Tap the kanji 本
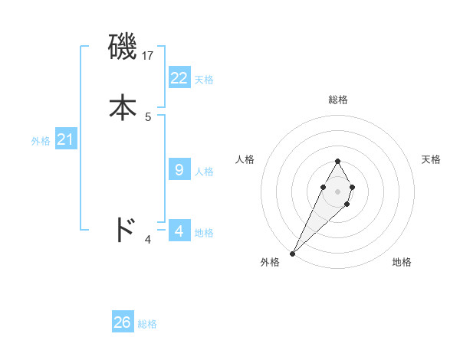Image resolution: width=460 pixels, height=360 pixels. (x=123, y=107)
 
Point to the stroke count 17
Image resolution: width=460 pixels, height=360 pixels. (x=149, y=56)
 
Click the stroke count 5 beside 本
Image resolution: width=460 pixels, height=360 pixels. (x=148, y=117)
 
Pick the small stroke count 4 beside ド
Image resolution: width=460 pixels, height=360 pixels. (x=148, y=240)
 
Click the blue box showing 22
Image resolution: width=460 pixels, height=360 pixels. (x=179, y=77)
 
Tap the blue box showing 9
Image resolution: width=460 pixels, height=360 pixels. (x=179, y=169)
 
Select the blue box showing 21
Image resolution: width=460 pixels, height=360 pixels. (x=66, y=139)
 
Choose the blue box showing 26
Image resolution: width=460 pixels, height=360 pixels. (x=123, y=322)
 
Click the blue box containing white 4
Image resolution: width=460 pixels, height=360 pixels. (x=179, y=231)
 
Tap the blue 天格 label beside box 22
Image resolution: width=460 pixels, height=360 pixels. (x=204, y=80)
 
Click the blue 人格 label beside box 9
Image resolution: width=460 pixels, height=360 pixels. (x=204, y=172)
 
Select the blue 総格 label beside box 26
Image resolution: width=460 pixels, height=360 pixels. (x=147, y=325)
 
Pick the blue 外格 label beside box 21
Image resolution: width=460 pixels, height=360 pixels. (x=41, y=142)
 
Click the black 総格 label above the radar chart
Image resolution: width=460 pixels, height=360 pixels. (x=337, y=100)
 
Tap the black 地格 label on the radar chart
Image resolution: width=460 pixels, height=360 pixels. (x=402, y=262)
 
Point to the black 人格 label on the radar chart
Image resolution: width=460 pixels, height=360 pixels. (x=245, y=159)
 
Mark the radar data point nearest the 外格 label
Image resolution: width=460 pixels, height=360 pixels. (x=293, y=254)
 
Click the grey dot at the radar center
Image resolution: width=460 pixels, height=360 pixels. (x=337, y=190)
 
